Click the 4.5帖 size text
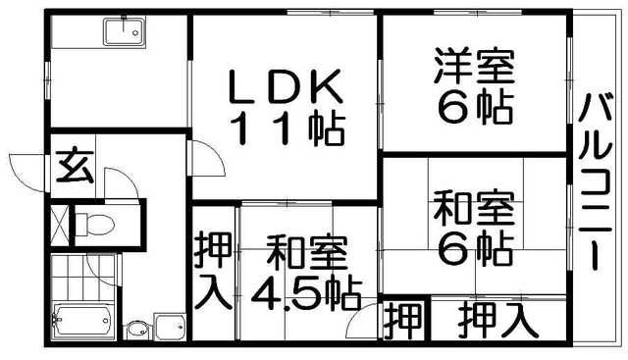[306, 291]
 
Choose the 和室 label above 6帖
[475, 211]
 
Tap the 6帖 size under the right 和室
[475, 249]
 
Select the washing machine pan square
[170, 325]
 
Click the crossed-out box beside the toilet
[59, 224]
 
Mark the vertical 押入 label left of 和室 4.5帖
[213, 269]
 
